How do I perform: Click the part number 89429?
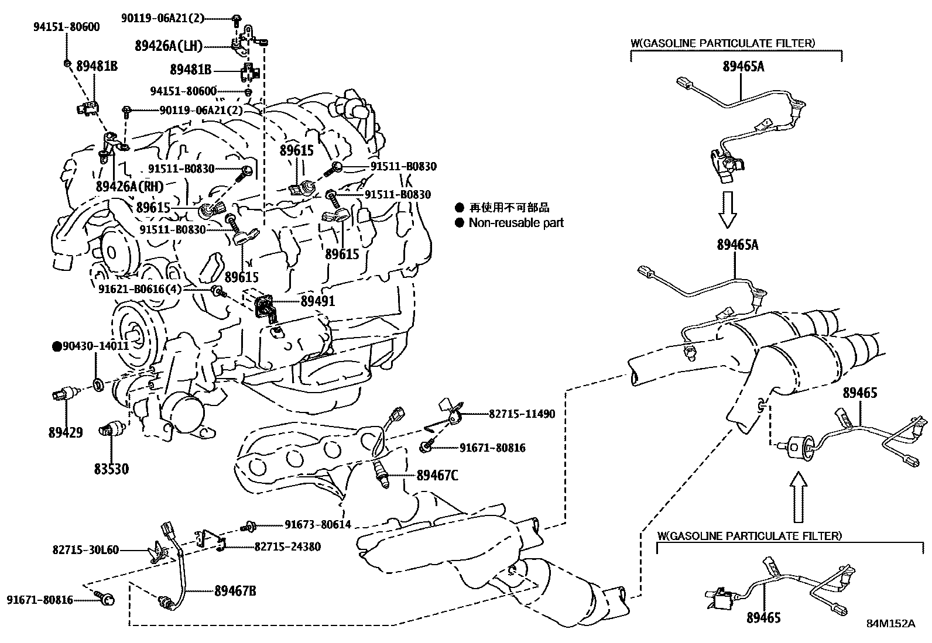65,432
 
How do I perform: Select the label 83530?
111,469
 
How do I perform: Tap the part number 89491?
318,301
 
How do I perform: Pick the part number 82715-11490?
522,414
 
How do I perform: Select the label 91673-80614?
318,525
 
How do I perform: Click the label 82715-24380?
287,546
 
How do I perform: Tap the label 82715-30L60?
85,549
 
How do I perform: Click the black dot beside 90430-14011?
57,346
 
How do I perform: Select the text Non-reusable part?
516,222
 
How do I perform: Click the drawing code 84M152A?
890,623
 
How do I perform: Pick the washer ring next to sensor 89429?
99,384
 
